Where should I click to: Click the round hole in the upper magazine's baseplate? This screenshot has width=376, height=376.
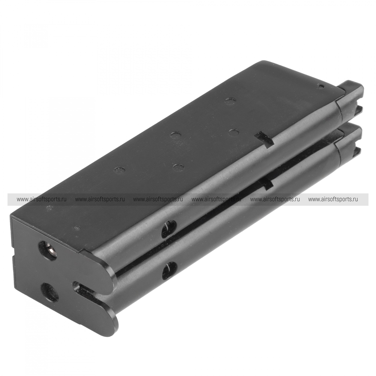48,251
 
